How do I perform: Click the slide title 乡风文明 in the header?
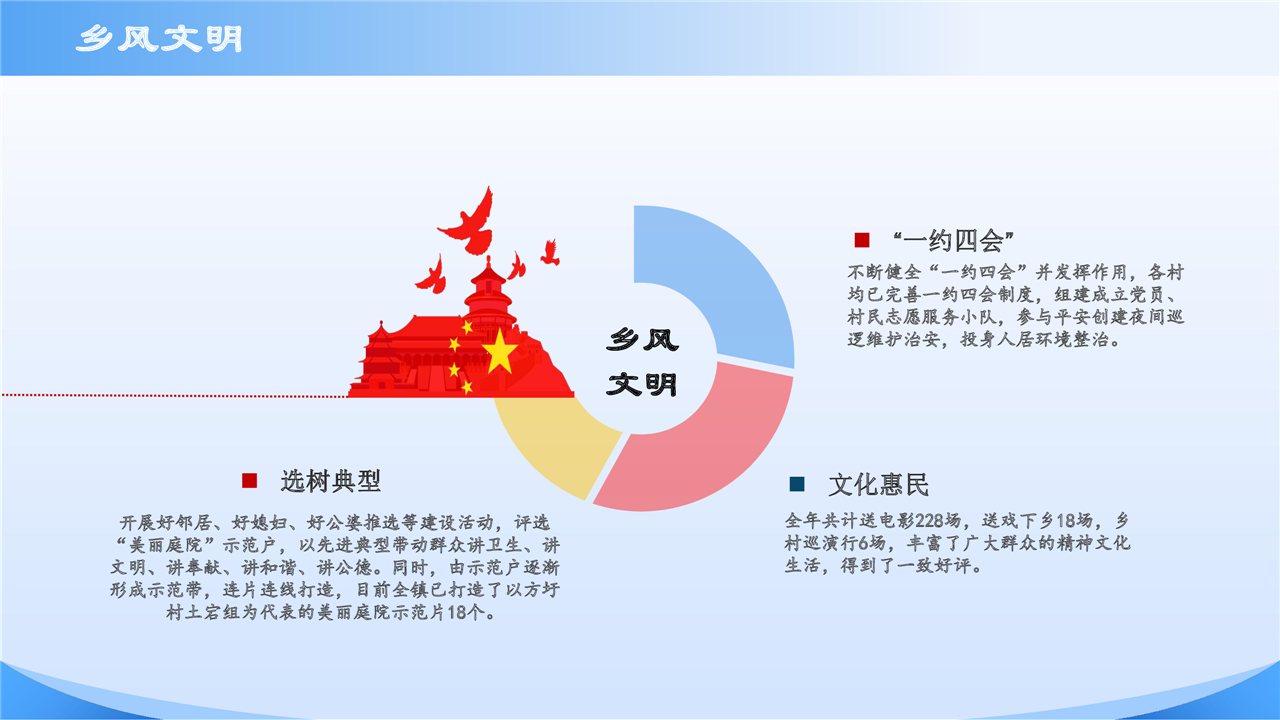tap(159, 39)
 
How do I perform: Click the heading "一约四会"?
tap(953, 241)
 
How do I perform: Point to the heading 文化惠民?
tap(878, 485)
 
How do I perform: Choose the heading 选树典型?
tap(330, 481)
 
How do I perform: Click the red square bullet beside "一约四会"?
tap(862, 240)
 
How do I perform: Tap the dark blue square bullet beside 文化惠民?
tap(797, 484)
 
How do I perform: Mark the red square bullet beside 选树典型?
tap(250, 481)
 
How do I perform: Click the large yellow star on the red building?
tap(499, 351)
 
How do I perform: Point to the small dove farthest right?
tap(551, 253)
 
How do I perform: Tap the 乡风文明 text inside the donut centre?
tap(642, 362)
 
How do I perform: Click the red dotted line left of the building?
tap(174, 395)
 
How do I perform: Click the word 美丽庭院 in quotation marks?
tap(166, 545)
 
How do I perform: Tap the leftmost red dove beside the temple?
tap(432, 275)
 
